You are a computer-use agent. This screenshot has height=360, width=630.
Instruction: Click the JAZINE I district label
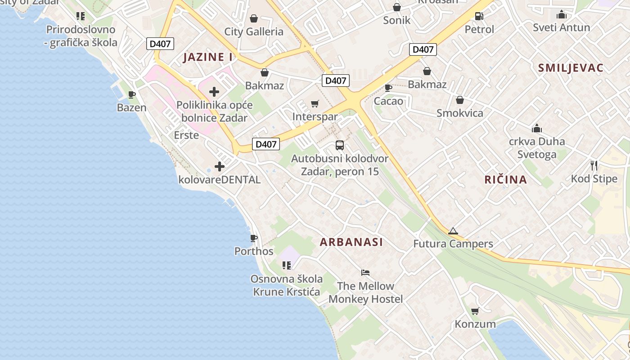[208, 57]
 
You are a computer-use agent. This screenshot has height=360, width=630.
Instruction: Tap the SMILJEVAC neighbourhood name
[571, 68]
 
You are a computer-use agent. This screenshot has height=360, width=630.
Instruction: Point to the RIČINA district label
[505, 180]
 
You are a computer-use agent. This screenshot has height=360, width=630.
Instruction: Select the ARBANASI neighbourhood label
[351, 242]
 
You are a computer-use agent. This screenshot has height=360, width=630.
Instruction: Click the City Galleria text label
[254, 31]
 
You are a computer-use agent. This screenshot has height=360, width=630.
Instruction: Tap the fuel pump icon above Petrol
[479, 16]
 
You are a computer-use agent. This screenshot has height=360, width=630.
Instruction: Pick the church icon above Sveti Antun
[561, 15]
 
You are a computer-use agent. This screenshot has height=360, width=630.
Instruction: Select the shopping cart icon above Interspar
[315, 104]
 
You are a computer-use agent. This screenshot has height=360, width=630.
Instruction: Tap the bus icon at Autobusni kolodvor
[340, 145]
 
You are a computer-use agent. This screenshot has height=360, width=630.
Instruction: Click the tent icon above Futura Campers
[453, 231]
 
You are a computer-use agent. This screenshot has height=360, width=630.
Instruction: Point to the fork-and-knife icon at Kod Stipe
[594, 166]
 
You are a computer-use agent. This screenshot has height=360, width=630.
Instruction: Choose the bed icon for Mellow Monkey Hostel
[365, 273]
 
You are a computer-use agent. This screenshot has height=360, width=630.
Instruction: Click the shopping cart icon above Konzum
[475, 311]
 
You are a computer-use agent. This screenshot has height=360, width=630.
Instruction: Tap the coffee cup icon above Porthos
[254, 238]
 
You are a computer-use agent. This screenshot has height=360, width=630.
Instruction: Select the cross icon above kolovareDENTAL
[220, 166]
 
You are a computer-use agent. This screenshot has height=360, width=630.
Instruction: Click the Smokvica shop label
[460, 113]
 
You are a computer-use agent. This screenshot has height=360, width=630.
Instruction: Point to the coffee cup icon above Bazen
[132, 94]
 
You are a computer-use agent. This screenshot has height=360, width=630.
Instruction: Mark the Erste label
[186, 135]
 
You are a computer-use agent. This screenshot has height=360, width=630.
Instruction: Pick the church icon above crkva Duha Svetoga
[536, 129]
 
